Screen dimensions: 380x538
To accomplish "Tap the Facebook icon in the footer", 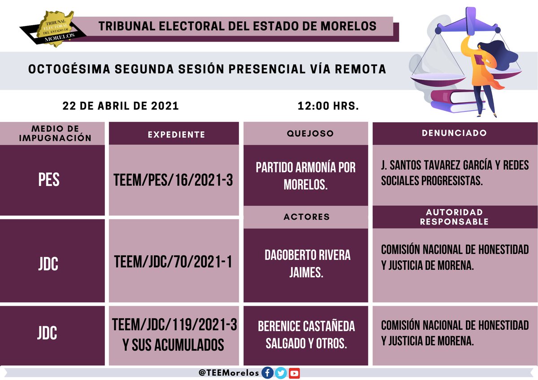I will pyautogui.click(x=268, y=373).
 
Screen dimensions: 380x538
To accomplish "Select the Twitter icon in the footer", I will pyautogui.click(x=281, y=373).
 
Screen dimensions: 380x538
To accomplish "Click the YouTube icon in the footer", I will pyautogui.click(x=294, y=373).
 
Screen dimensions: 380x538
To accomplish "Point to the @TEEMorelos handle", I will pyautogui.click(x=229, y=373).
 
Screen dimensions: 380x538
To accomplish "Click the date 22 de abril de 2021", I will pyautogui.click(x=121, y=106).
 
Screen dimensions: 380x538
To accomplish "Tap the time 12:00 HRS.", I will pyautogui.click(x=328, y=106).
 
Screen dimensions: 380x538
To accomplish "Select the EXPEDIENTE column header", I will pyautogui.click(x=174, y=134).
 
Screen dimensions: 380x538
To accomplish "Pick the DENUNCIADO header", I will pyautogui.click(x=454, y=133).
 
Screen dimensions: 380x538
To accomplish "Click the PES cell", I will pyautogui.click(x=49, y=180).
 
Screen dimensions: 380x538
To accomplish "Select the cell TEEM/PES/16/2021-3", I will pyautogui.click(x=174, y=180).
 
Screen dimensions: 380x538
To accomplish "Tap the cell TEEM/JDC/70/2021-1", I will pyautogui.click(x=174, y=262).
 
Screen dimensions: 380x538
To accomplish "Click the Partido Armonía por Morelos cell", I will pyautogui.click(x=305, y=176).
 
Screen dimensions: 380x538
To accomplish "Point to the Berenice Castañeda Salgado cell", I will pyautogui.click(x=306, y=334).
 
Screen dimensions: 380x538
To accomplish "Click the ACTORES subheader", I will pyautogui.click(x=306, y=217).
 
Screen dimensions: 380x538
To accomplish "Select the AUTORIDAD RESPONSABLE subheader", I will pyautogui.click(x=454, y=216).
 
